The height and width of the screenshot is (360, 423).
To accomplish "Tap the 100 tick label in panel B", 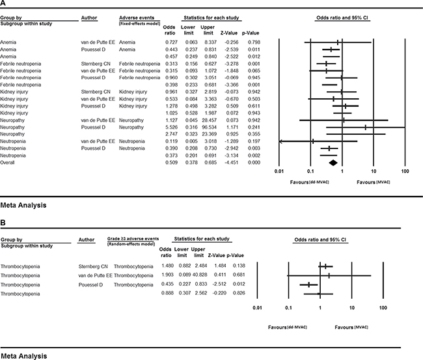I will (383, 305).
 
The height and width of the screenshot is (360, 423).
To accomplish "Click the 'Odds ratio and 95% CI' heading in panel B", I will (319, 240).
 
